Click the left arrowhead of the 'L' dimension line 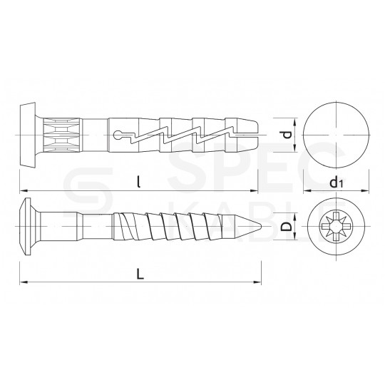coord(23,283)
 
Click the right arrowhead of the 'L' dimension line coord(262,283)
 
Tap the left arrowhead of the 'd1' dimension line coord(306,192)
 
